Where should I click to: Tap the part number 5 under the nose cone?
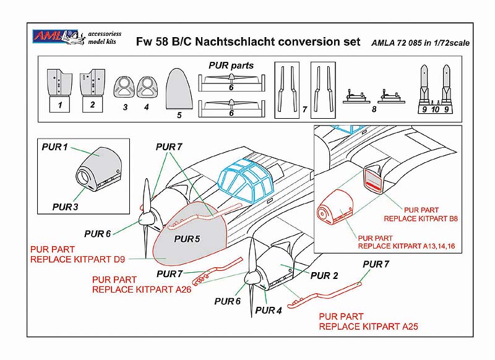[x=179, y=114]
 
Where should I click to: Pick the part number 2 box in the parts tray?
[x=92, y=105]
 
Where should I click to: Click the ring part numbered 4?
[x=147, y=87]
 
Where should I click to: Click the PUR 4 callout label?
[x=269, y=311]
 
